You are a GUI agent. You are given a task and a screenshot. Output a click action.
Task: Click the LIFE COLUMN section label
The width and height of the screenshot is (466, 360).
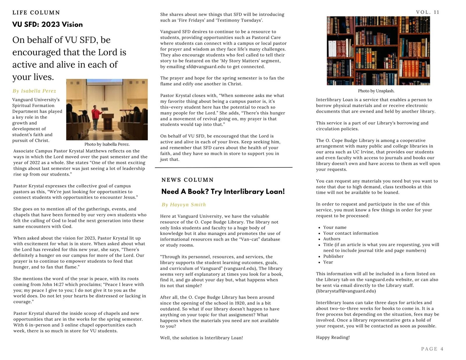click(x=36, y=13)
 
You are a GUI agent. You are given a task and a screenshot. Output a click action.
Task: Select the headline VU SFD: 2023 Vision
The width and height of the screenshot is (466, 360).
click(x=47, y=24)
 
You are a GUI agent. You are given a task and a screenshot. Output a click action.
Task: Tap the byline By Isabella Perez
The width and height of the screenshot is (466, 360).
click(x=34, y=91)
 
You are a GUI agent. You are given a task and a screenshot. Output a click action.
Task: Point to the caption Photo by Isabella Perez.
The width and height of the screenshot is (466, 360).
click(x=107, y=144)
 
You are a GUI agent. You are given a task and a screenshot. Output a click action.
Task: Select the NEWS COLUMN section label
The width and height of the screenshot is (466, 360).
click(x=188, y=180)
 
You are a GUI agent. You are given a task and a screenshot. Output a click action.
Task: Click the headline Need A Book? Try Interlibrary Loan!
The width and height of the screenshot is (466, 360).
click(x=223, y=192)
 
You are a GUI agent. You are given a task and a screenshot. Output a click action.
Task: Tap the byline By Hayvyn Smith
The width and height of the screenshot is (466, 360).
click(x=184, y=205)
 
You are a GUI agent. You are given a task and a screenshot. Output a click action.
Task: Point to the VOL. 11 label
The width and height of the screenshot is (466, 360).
click(x=428, y=12)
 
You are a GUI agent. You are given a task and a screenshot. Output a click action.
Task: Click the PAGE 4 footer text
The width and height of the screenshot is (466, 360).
click(x=432, y=349)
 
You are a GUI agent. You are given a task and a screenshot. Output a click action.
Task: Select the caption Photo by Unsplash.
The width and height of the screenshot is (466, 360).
click(x=376, y=91)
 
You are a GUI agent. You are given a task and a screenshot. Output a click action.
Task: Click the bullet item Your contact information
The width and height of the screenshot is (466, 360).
click(x=351, y=233)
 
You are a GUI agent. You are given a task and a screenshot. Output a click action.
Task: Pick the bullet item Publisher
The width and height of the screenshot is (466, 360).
click(x=333, y=256)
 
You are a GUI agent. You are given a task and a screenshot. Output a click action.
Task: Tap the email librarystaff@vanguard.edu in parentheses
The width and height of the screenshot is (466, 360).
click(x=346, y=291)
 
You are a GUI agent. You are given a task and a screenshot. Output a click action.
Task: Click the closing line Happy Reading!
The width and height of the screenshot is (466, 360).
click(x=333, y=337)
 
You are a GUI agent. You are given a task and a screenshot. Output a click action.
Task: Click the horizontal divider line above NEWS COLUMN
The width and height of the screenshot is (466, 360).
click(x=223, y=167)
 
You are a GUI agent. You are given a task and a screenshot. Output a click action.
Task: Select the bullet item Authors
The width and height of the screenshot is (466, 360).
click(x=332, y=239)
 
